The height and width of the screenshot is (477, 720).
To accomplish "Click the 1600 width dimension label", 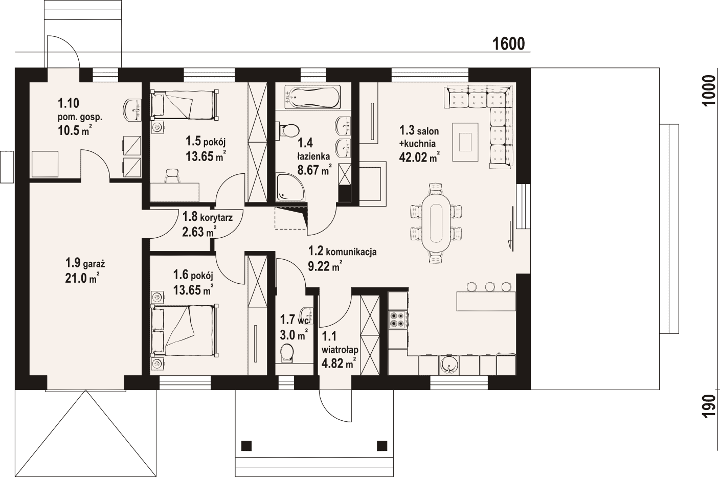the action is [x=508, y=44].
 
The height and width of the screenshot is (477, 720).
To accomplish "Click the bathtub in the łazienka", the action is [x=312, y=97].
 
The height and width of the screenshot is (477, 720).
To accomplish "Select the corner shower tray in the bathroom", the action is [x=291, y=187].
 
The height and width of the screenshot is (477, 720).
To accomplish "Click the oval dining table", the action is [x=437, y=222].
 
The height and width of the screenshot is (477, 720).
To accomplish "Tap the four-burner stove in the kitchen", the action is [x=398, y=320].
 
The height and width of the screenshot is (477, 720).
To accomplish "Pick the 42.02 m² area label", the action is [x=419, y=157].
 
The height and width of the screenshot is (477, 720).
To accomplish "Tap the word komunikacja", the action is [x=351, y=252].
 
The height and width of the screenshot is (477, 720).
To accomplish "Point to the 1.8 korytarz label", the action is [x=207, y=217].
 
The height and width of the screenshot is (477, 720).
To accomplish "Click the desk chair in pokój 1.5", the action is [x=173, y=176].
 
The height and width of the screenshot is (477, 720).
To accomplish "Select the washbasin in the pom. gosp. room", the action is [x=132, y=110].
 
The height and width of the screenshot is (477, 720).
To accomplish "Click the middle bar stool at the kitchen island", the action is [x=489, y=287].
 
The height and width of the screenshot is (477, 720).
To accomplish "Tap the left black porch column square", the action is [x=246, y=445].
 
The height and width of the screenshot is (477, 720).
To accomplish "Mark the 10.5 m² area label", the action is [x=74, y=130].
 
